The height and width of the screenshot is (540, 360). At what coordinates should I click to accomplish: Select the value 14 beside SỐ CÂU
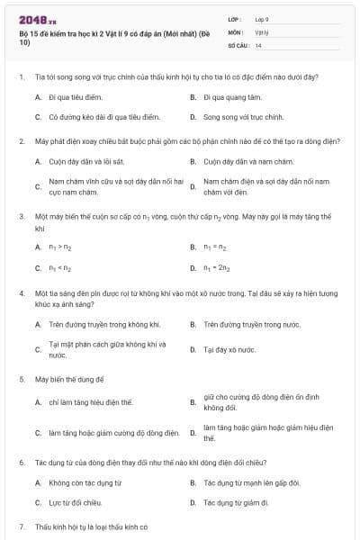tap(258, 44)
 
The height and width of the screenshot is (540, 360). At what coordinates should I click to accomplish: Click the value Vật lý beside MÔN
tap(261, 31)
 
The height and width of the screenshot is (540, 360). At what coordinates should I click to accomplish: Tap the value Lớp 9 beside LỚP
tap(262, 19)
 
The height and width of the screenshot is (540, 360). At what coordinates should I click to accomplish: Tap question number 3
tap(21, 217)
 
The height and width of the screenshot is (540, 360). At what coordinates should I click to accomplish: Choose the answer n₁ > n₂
tap(61, 246)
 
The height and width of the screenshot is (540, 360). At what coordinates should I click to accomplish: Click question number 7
tap(21, 526)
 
